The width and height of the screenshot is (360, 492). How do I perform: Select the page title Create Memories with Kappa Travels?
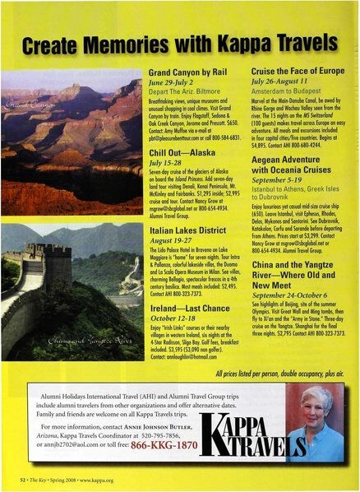click(x=179, y=41)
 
